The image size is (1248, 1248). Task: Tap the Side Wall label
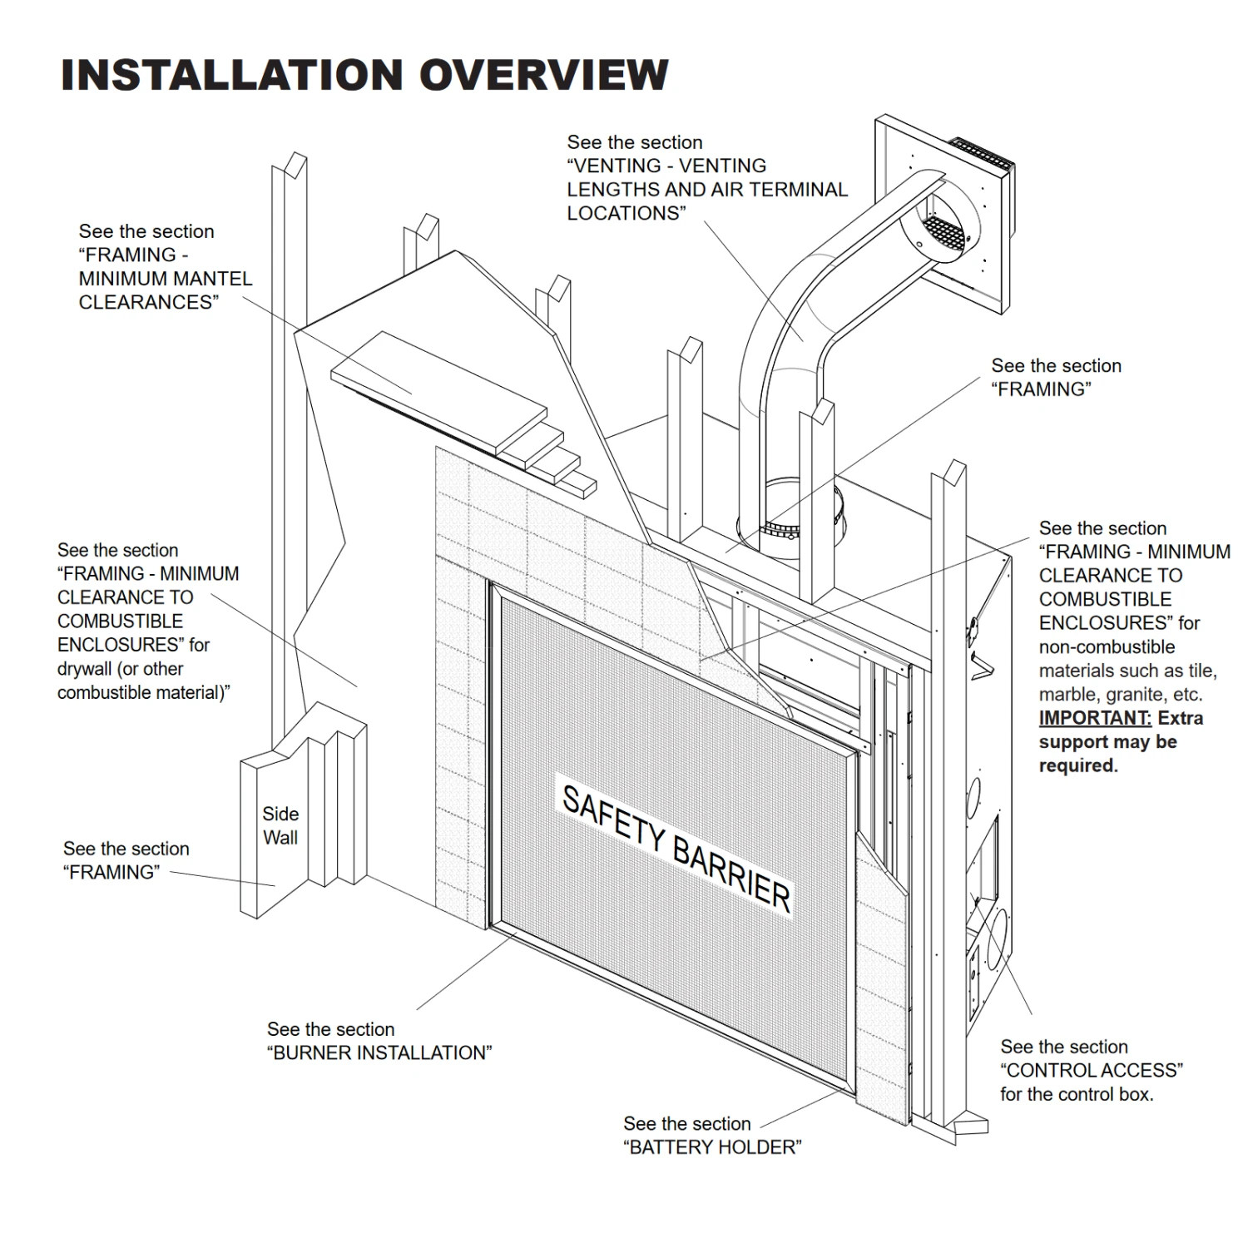[x=280, y=825]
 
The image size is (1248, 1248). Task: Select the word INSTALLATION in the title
[x=233, y=75]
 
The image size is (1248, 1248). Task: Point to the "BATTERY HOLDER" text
[x=712, y=1147]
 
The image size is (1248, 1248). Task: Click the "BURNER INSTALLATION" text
[x=379, y=1052]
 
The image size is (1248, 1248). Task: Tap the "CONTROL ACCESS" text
[x=1091, y=1070]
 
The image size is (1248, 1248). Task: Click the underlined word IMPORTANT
[x=1095, y=718]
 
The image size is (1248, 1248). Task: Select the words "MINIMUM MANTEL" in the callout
[x=166, y=279]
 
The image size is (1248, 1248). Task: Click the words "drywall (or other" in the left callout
[x=120, y=669]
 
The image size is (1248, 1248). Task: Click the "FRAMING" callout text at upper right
[x=1041, y=389]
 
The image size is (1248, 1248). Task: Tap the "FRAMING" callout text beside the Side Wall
[x=111, y=872]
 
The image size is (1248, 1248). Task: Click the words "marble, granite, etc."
[x=1120, y=695]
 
